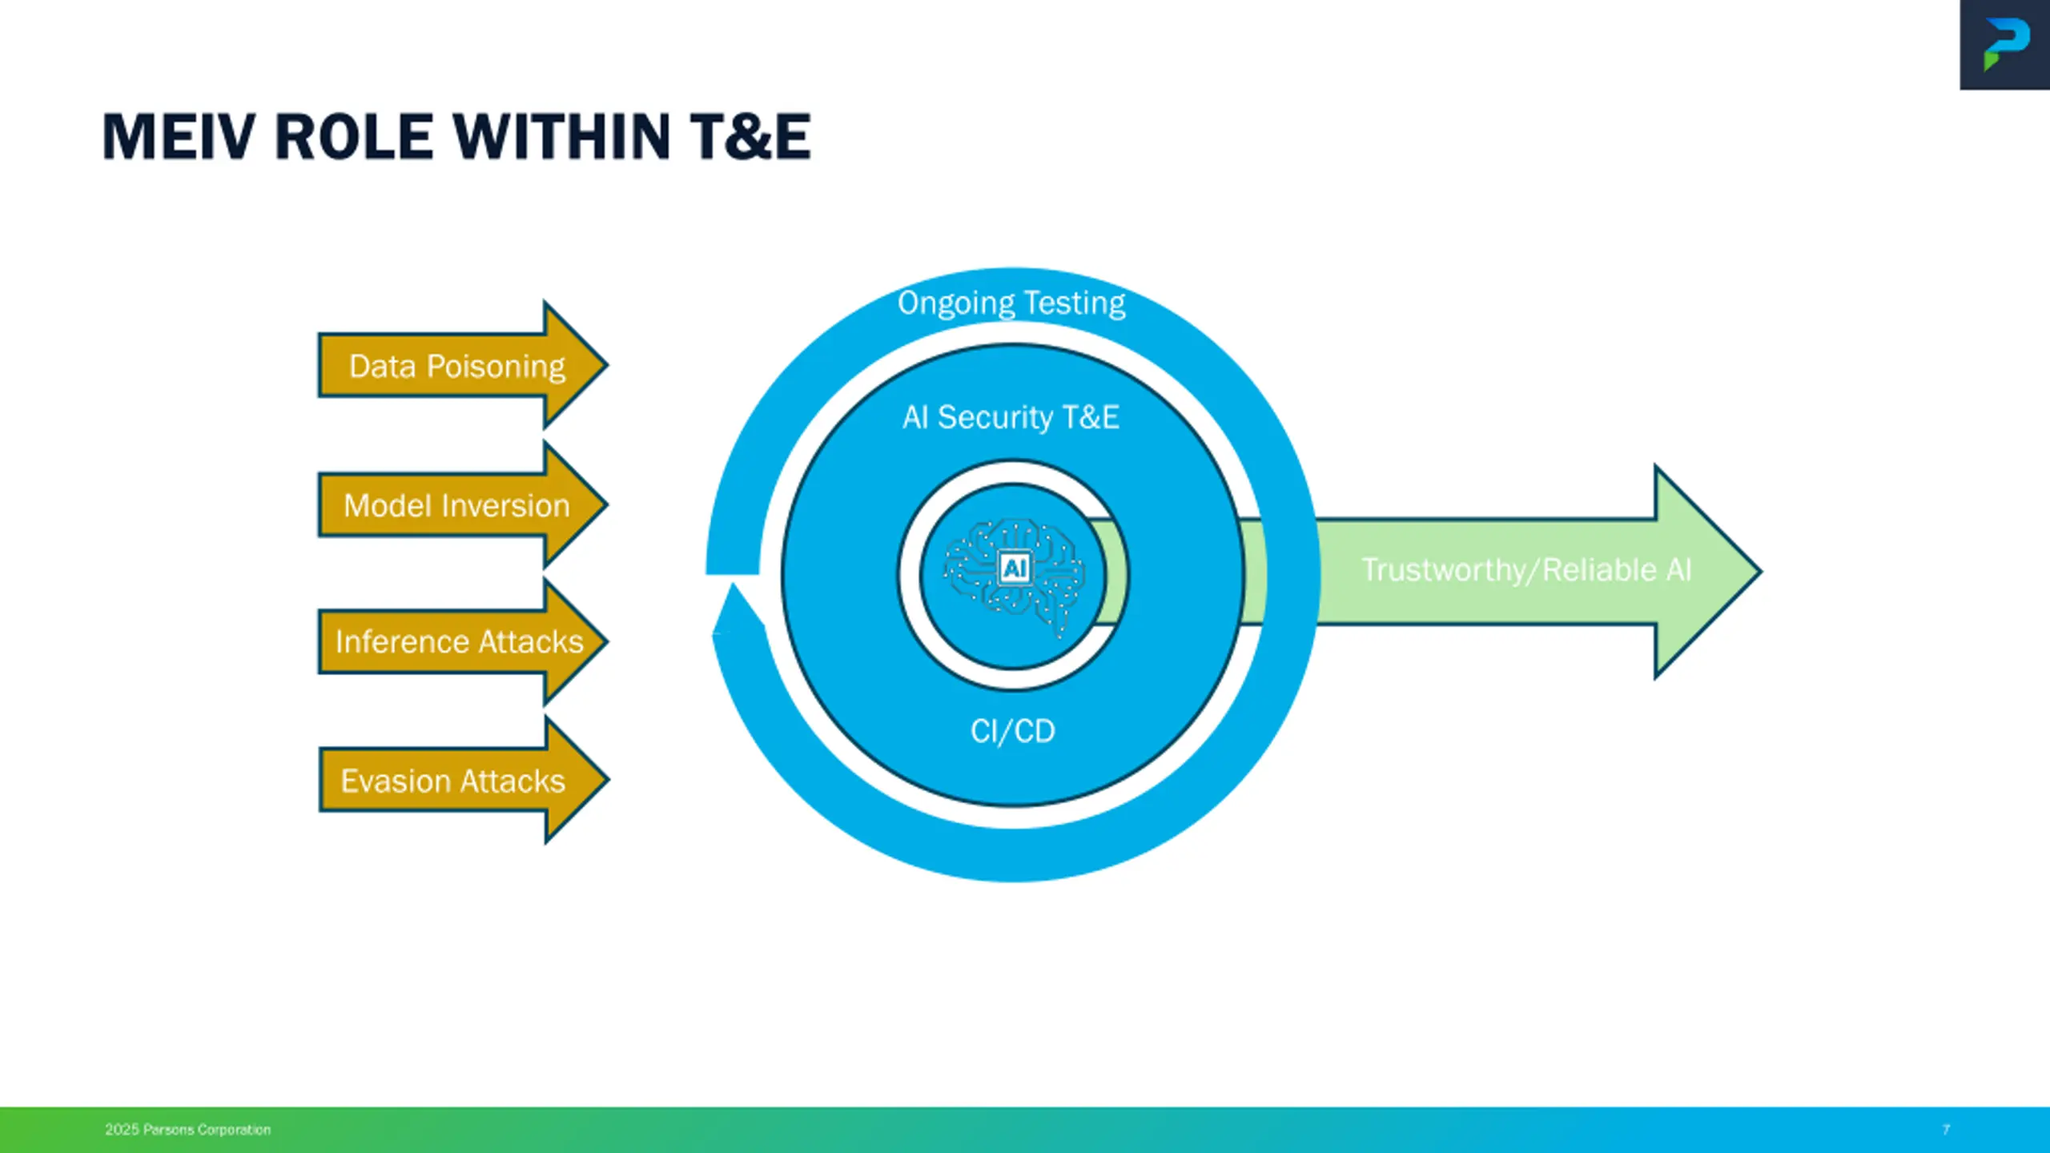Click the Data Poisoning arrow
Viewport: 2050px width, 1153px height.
coord(456,366)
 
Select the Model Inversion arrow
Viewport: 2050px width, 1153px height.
coord(456,505)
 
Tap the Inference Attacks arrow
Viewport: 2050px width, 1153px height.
coord(459,641)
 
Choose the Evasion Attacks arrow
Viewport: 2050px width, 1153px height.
coord(453,781)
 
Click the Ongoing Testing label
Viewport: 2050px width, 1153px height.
coord(1011,303)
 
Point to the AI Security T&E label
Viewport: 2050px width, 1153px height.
coord(1011,417)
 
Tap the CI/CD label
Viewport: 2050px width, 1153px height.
coord(1013,731)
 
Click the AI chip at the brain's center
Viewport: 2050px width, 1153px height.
coord(1015,568)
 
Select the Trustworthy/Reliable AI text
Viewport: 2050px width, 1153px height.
coord(1526,570)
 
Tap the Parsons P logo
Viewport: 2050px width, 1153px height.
coord(2006,45)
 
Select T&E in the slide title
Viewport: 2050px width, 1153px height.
coord(750,137)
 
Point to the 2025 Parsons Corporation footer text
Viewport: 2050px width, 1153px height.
coord(187,1130)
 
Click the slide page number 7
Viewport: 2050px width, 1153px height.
coord(1946,1130)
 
